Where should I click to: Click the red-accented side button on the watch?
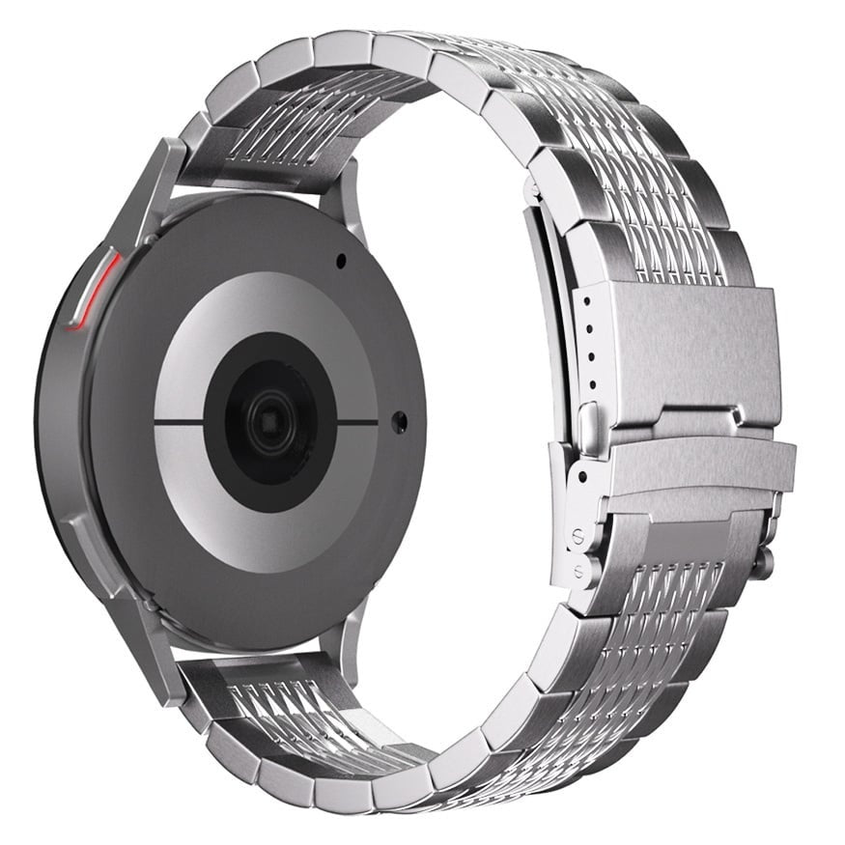(93, 290)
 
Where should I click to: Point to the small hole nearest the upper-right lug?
(340, 260)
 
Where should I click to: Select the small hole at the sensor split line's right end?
(399, 421)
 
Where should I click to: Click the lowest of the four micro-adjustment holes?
(591, 383)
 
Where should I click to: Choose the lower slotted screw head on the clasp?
(577, 571)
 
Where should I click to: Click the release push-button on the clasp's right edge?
(763, 562)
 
